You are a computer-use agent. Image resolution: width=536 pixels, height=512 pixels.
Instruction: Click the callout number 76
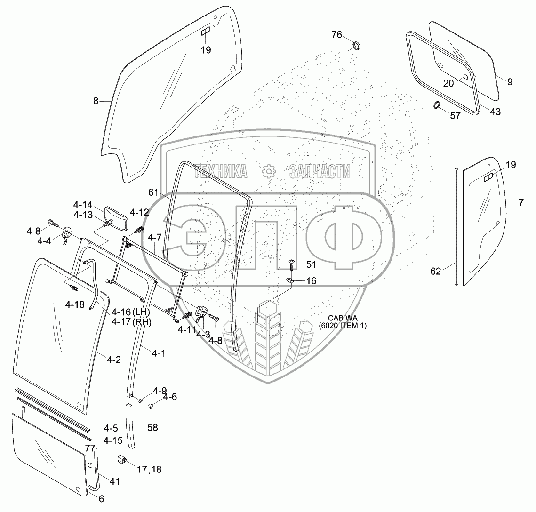tap(336, 34)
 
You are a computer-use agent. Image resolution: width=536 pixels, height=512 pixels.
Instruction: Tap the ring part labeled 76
tap(358, 46)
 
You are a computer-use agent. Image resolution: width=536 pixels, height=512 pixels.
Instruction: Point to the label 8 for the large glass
tap(96, 100)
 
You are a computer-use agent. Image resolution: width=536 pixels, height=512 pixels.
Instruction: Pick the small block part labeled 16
tap(290, 280)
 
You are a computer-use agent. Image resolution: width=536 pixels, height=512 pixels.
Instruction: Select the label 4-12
tap(139, 212)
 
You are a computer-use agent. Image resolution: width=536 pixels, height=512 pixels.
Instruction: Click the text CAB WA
tap(342, 318)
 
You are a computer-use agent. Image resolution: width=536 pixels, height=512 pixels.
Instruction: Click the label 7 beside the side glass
tap(521, 203)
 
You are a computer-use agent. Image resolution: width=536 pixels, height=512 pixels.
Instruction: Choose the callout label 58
tap(152, 428)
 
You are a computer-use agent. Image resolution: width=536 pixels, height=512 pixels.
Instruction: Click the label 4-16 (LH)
tap(130, 312)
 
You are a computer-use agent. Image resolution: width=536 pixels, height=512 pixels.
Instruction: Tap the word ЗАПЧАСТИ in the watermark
tap(320, 172)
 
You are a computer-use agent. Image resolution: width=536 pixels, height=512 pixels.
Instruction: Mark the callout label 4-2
tap(114, 360)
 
